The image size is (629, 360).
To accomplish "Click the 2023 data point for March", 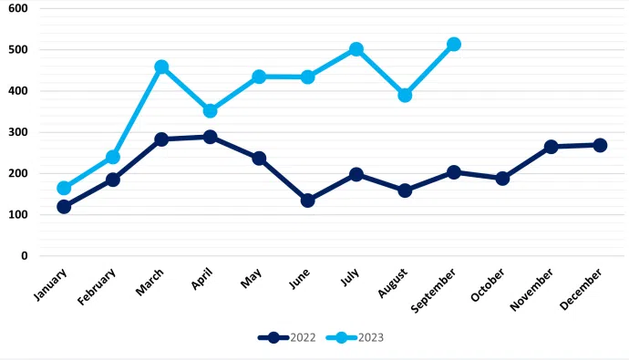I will (161, 67).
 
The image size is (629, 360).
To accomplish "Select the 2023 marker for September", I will (454, 44).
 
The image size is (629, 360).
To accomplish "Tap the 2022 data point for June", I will (307, 201).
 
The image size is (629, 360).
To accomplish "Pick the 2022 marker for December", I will (600, 145).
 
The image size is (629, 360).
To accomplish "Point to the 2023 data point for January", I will (64, 189).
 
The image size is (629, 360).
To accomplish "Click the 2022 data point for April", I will (210, 137).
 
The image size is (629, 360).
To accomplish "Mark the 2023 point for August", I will (405, 95).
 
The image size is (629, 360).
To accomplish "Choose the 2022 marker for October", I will (502, 179).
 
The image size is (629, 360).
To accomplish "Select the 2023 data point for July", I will (356, 49).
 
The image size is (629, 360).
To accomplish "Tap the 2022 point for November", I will (552, 147).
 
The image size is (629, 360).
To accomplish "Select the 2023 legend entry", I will (356, 337).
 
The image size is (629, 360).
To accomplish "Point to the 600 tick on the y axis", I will (18, 8).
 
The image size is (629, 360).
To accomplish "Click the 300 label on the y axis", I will (18, 132).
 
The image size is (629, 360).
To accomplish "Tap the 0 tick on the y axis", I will (24, 256).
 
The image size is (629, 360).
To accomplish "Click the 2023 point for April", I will (210, 110).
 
